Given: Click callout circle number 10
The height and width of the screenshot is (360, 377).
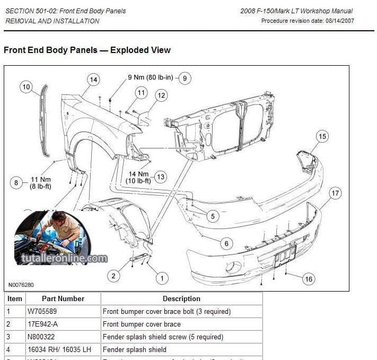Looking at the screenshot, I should (27, 87).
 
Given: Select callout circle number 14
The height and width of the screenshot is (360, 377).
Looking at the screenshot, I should (93, 80).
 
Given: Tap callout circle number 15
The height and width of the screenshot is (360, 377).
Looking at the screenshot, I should (322, 136).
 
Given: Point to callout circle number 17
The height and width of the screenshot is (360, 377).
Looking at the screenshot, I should (335, 194).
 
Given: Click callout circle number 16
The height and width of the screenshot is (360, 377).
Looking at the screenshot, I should (309, 279).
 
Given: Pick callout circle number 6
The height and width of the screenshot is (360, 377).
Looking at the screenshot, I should (226, 244).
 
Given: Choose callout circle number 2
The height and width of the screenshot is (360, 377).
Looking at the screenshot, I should (113, 275).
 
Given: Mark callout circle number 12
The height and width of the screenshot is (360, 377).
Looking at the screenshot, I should (161, 95).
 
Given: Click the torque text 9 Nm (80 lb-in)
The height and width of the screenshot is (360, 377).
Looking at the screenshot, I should (151, 78).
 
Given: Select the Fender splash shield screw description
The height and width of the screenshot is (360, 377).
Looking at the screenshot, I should (163, 337).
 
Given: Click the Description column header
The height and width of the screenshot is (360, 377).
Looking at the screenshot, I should (181, 298).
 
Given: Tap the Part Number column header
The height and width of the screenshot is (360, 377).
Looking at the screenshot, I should (63, 298).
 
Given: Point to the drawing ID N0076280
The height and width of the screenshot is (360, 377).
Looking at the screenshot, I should (21, 285).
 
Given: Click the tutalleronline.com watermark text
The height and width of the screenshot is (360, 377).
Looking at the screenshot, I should (64, 259).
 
